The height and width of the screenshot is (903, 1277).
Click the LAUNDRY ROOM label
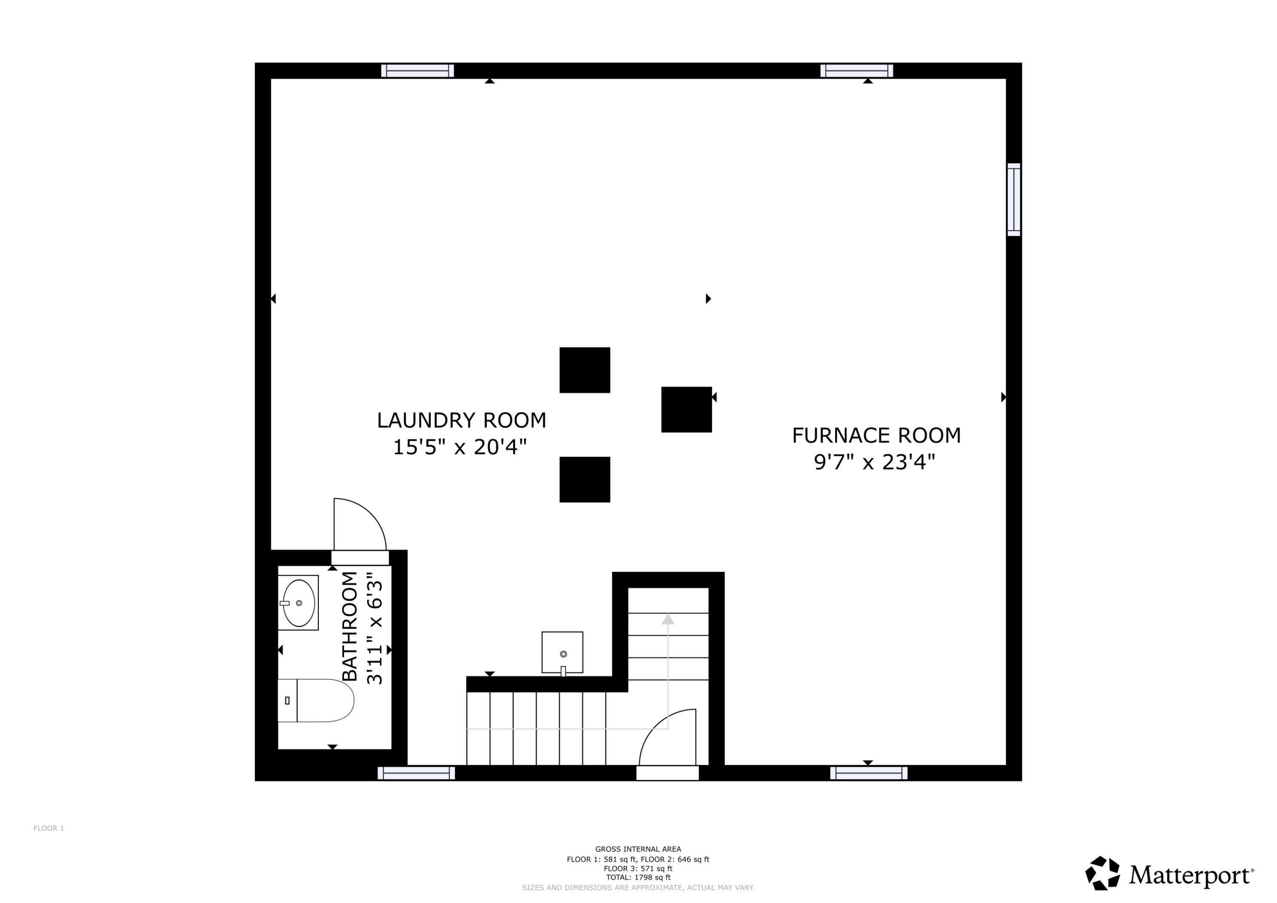461,421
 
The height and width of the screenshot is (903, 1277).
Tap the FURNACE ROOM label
876,436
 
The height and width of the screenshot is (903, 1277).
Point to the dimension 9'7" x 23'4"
874,462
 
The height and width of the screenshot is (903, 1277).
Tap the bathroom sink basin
299,603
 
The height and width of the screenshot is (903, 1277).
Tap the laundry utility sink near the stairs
562,652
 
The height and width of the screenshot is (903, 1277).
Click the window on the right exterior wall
1014,200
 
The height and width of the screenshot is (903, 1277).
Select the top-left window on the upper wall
417,71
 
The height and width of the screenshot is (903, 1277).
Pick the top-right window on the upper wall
856,71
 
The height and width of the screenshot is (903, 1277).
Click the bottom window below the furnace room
869,774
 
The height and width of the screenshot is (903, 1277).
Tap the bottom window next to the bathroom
416,774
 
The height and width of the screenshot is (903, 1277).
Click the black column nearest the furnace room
686,410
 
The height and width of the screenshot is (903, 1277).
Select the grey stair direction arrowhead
668,619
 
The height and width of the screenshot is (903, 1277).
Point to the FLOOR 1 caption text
49,828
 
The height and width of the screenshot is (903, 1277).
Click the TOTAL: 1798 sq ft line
638,877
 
